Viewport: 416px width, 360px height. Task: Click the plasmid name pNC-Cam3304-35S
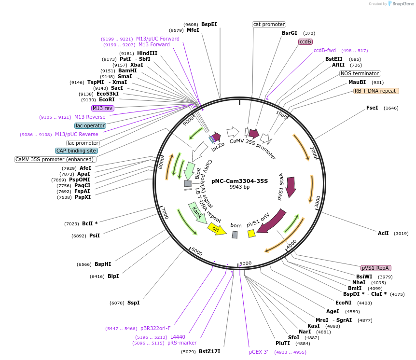pos(239,181)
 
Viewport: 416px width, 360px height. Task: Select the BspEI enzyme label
pos(209,24)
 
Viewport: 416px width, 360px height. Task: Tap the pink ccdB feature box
pos(305,42)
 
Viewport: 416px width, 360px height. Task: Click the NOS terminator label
pos(360,74)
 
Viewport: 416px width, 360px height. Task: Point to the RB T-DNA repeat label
pos(376,91)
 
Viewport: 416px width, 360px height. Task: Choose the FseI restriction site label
pos(372,108)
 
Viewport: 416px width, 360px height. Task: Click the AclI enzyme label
pos(383,233)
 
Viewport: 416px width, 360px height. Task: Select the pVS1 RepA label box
pos(376,268)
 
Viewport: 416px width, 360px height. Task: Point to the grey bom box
pos(235,234)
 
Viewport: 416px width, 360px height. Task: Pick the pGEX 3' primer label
pos(259,352)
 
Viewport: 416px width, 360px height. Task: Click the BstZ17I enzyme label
pos(209,351)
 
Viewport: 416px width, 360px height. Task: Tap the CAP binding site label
pos(76,151)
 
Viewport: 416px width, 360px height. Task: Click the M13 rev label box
pos(102,108)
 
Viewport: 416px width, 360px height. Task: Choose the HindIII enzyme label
pos(147,53)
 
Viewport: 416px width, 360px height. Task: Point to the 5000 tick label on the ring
pos(246,263)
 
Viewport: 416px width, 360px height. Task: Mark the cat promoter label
pos(269,24)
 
